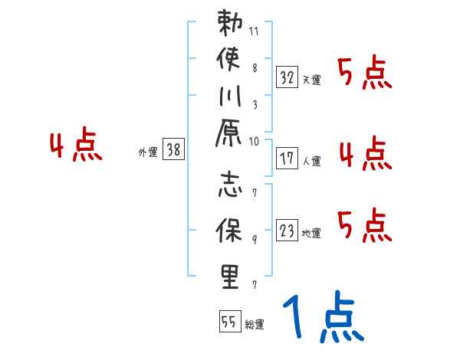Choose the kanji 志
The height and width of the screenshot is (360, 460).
click(x=230, y=187)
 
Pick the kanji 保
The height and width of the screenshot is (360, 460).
click(x=230, y=231)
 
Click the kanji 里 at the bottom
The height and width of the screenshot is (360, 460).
click(x=230, y=276)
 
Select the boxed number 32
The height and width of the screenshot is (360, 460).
click(x=287, y=77)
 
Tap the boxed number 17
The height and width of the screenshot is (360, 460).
click(x=287, y=159)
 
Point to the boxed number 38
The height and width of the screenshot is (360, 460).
click(x=174, y=151)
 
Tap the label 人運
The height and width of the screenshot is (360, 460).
click(x=312, y=161)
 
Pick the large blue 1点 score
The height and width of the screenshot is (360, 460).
click(x=322, y=319)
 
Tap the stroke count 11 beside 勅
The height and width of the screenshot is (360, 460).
click(x=254, y=33)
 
